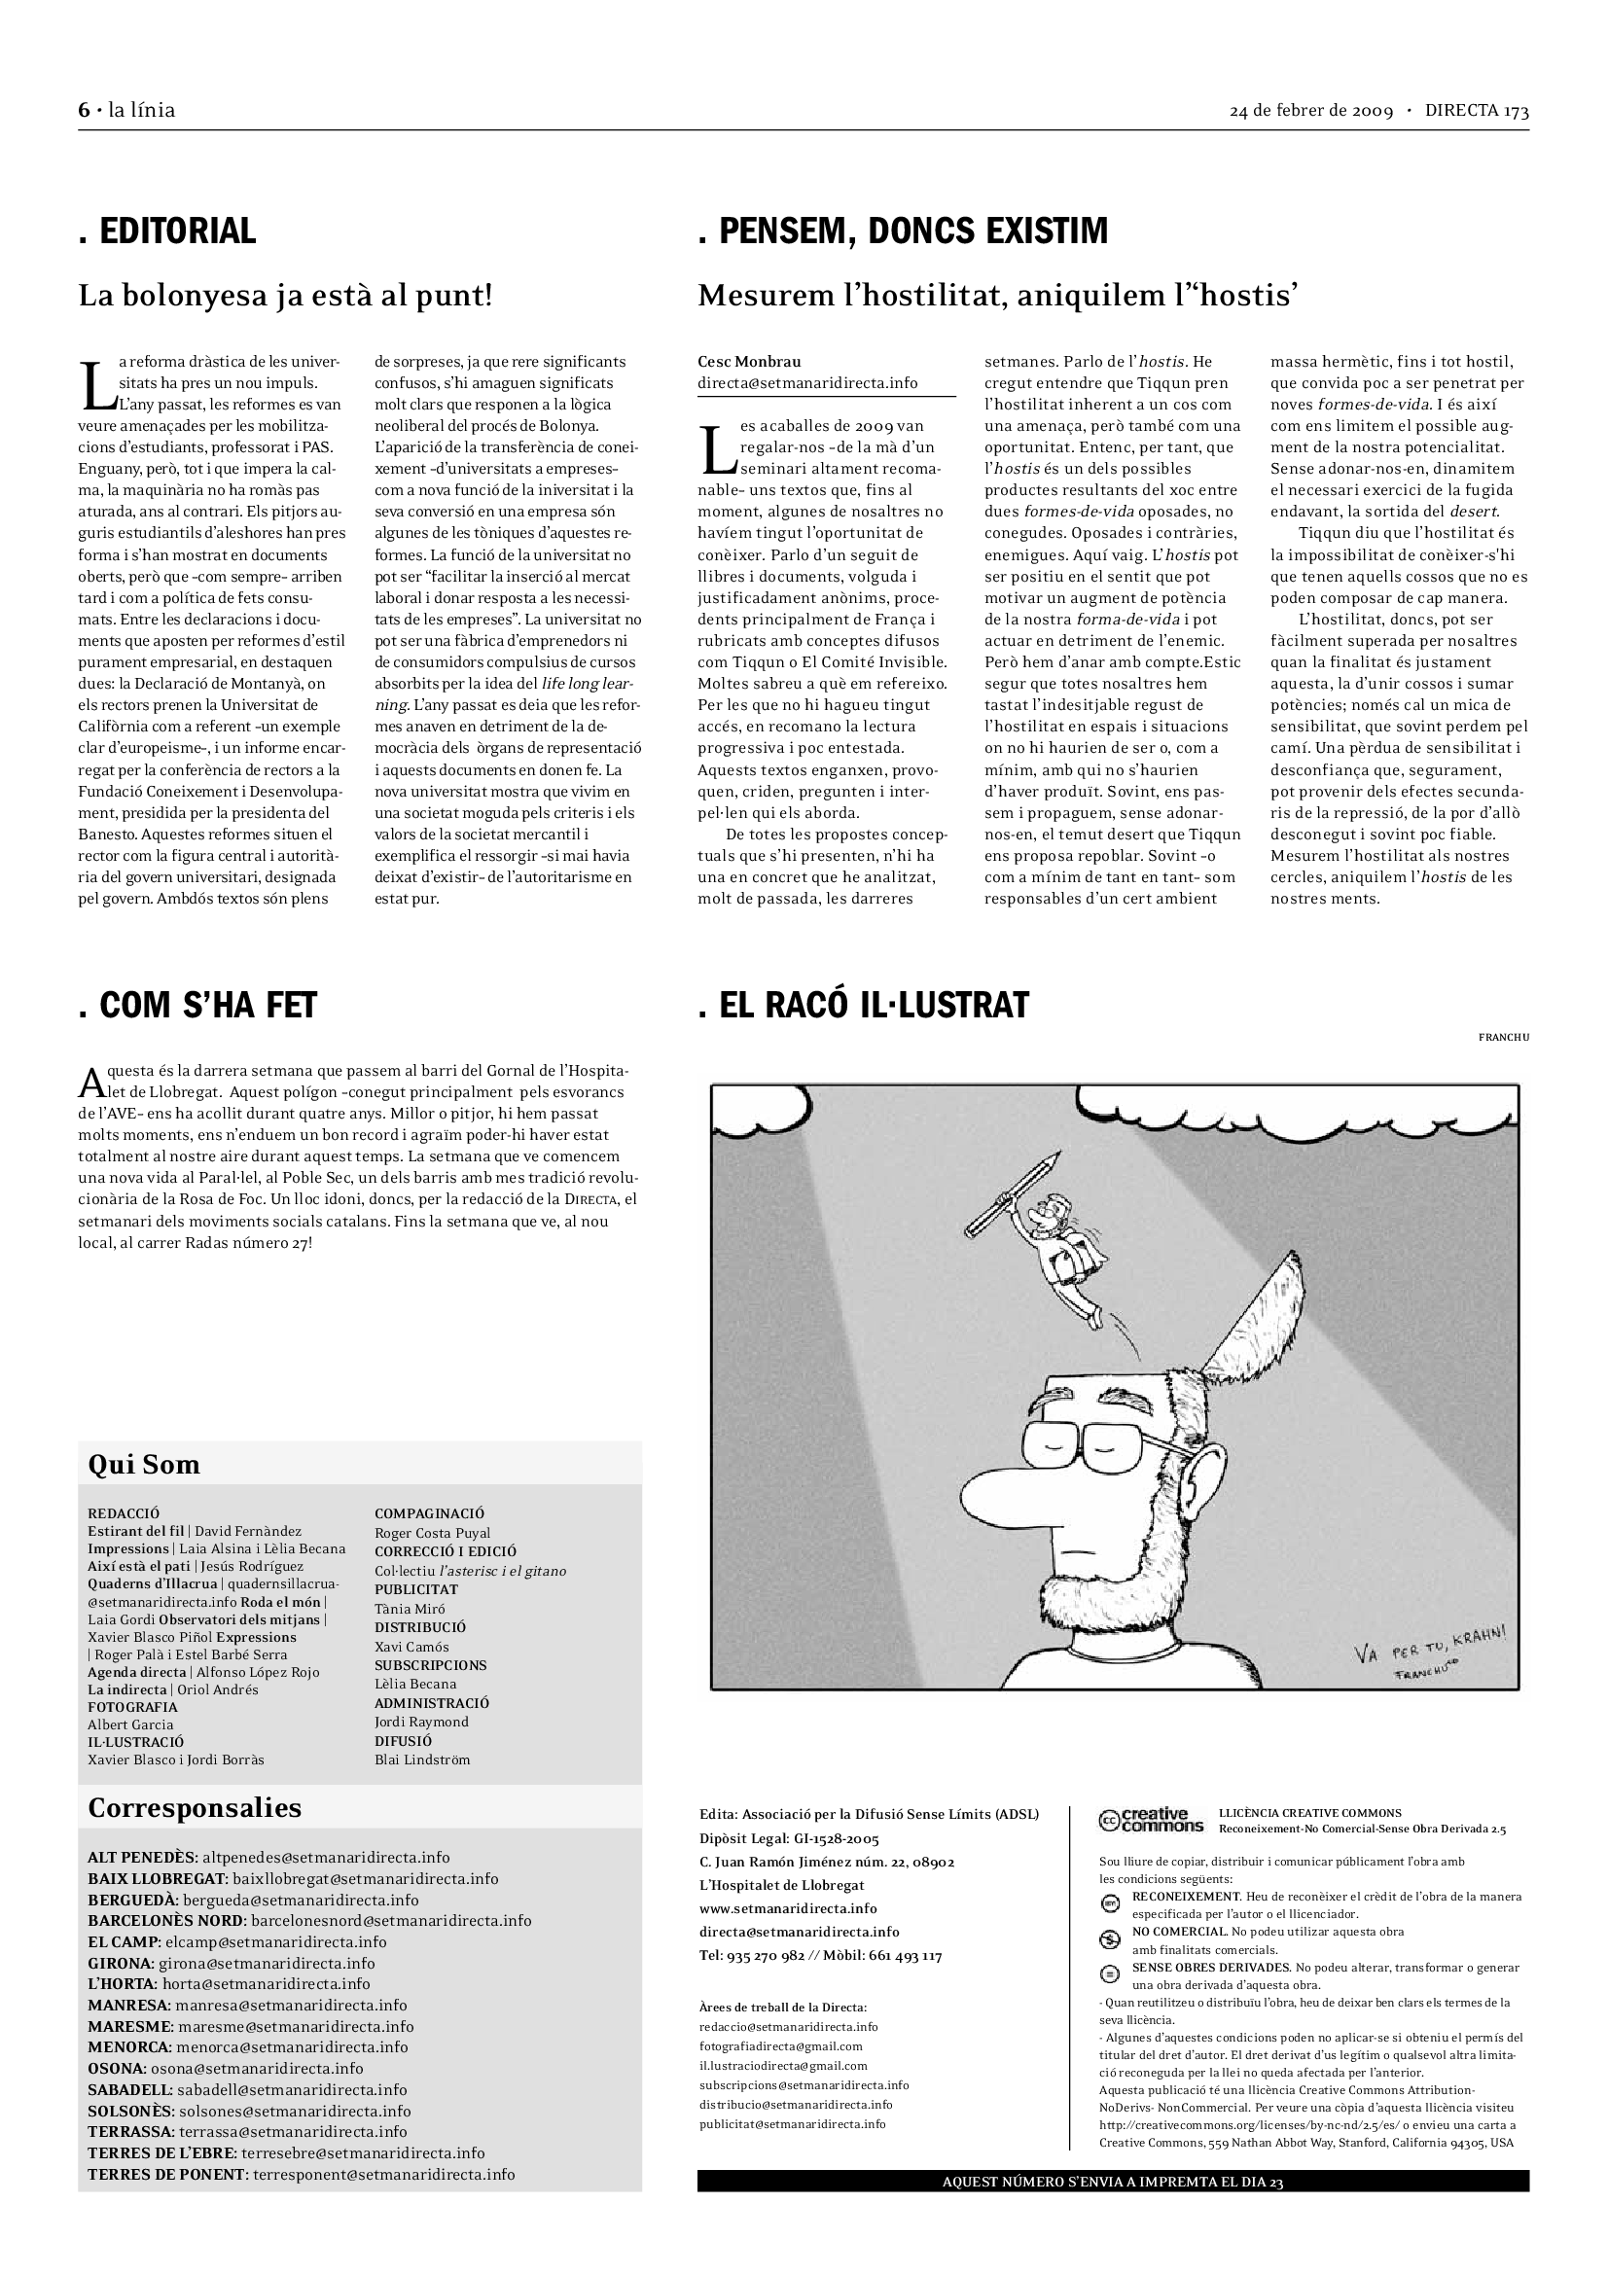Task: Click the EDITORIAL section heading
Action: [167, 231]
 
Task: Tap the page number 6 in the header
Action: [84, 110]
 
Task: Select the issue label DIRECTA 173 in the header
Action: [1477, 110]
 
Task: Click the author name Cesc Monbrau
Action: [749, 362]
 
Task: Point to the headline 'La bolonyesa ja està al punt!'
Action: [285, 296]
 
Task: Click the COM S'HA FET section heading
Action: [197, 1005]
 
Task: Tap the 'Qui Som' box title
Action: [144, 1465]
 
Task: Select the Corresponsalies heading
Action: [195, 1807]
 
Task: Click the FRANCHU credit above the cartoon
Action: [1503, 1038]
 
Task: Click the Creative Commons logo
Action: [1151, 1820]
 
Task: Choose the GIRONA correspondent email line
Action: [231, 1963]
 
